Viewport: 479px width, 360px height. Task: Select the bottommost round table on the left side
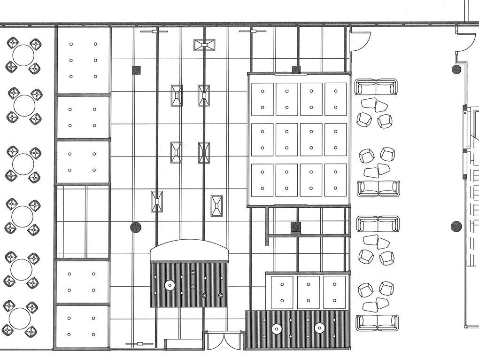(x=20, y=319)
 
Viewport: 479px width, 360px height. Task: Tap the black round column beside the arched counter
(x=135, y=227)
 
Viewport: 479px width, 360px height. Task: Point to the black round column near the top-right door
(x=456, y=70)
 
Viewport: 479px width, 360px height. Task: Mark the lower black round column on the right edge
(x=456, y=227)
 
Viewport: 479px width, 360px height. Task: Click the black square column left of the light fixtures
(x=136, y=70)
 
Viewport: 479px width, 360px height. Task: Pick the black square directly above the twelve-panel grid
(x=296, y=70)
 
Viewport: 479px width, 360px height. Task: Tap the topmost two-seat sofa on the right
(x=376, y=87)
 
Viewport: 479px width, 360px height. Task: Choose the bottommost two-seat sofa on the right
(x=377, y=323)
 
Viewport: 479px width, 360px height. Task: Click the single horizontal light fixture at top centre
(x=204, y=45)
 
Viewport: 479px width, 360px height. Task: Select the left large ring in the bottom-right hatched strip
(x=277, y=329)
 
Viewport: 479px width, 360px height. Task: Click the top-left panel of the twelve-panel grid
(x=263, y=99)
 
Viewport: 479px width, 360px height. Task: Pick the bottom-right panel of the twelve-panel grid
(x=335, y=180)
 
